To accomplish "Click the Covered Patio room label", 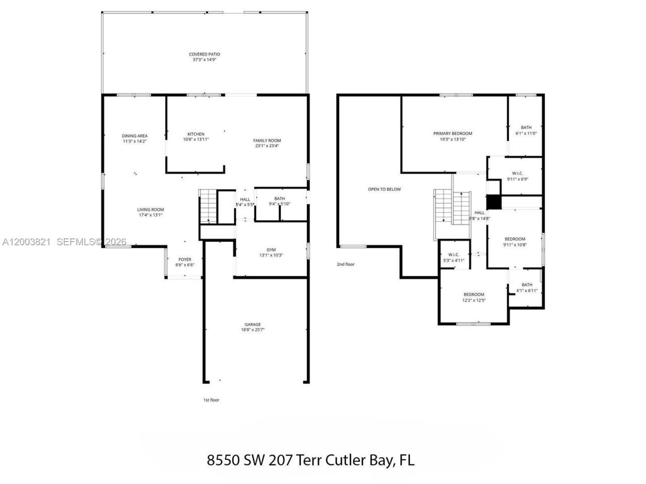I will (x=204, y=54).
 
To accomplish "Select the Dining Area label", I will (x=135, y=136).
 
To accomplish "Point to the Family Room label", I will (x=267, y=141).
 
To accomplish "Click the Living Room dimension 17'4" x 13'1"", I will (x=150, y=215).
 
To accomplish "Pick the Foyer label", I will (x=185, y=260).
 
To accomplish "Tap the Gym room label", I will (x=271, y=250).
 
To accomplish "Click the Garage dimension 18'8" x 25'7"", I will (x=253, y=330).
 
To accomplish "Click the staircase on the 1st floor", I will (x=207, y=206).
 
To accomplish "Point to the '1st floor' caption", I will (x=211, y=400).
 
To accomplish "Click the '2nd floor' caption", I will (x=346, y=264).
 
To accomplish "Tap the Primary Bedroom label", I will (x=453, y=134).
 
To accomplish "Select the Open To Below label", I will (x=384, y=190).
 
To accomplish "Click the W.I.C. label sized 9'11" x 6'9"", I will (x=517, y=173).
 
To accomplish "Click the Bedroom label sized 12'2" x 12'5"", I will (x=474, y=294).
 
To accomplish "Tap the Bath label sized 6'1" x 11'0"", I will (x=526, y=128).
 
